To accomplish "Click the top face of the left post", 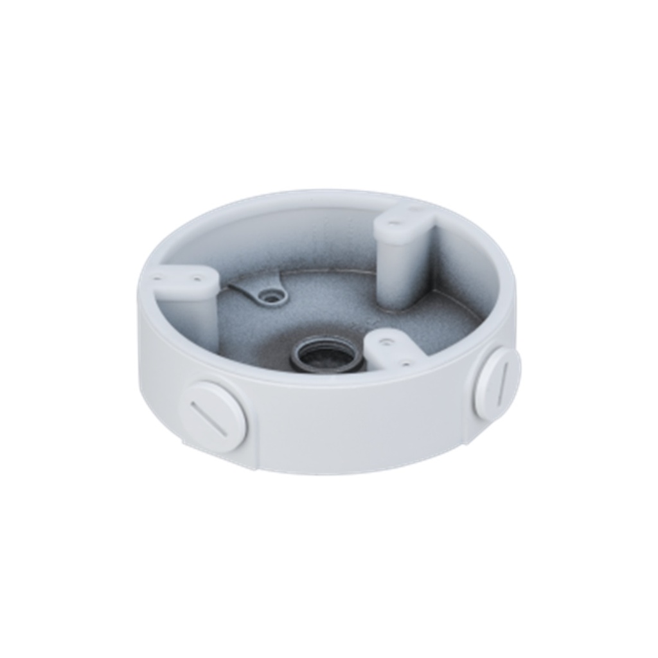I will point(184,281).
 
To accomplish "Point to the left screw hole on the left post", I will point(157,279).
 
